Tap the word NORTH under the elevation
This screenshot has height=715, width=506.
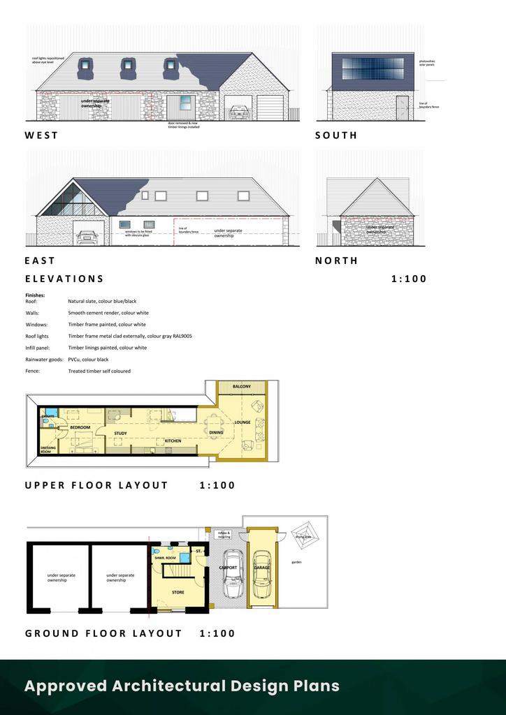click(336, 260)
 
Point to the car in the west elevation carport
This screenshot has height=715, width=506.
click(238, 112)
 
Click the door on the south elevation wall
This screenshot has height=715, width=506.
click(402, 108)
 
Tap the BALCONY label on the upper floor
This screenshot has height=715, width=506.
click(242, 386)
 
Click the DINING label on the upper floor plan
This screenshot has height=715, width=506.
click(216, 433)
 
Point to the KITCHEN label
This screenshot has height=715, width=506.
click(173, 441)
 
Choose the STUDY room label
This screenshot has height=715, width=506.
click(120, 434)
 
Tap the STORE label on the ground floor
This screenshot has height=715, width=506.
click(178, 592)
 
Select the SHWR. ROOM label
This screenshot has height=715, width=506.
click(165, 558)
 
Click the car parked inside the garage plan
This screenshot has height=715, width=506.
click(261, 574)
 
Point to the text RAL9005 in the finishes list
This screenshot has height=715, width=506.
click(180, 337)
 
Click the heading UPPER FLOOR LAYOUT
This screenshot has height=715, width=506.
click(96, 485)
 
